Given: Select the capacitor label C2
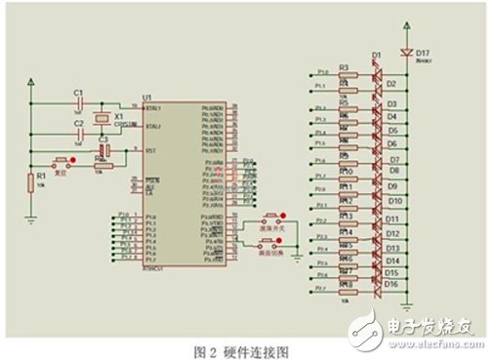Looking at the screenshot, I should point(78,124).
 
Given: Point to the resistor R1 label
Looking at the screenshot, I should point(40,178).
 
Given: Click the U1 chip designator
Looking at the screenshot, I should point(147,99).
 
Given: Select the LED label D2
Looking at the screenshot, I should point(391,85).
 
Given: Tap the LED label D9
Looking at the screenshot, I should point(392,185).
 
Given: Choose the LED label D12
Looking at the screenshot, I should point(393,234).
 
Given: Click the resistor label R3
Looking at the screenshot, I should point(344,68).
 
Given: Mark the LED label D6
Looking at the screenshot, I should point(391,142).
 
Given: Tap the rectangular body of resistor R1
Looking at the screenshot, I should point(29,182).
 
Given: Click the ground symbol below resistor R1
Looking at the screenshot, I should point(29,220).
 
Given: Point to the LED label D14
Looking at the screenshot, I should point(393,260).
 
